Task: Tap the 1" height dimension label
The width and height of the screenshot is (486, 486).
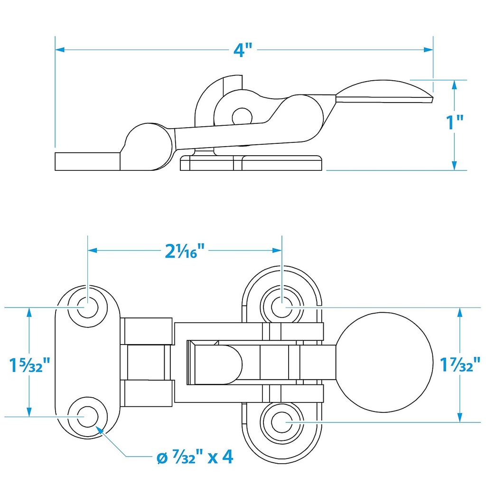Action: tap(454, 122)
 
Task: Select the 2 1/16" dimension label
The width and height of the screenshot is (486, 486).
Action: tap(185, 251)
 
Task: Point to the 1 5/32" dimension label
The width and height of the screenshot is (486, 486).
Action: tap(29, 365)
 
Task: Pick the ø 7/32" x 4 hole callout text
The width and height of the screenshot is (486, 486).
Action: tap(195, 457)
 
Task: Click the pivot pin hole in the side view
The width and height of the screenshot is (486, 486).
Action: tap(242, 117)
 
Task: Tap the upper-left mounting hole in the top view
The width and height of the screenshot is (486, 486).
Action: tap(88, 307)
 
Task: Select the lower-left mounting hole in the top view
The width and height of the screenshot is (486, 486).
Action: tap(88, 417)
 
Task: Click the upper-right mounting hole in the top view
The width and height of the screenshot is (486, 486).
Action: tap(282, 307)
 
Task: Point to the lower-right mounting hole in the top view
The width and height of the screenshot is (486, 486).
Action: tap(282, 422)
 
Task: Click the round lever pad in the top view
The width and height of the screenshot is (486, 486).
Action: tap(384, 362)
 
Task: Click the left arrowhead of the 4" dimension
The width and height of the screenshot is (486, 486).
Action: tap(60, 49)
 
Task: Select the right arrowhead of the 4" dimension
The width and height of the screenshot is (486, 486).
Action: tap(429, 49)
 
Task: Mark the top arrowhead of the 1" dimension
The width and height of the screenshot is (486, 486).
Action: tap(454, 84)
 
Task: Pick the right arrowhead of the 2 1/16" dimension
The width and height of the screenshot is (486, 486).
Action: tap(277, 250)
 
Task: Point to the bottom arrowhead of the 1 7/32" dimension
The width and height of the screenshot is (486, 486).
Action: tap(460, 418)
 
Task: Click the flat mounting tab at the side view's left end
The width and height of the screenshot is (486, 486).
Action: tap(87, 161)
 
